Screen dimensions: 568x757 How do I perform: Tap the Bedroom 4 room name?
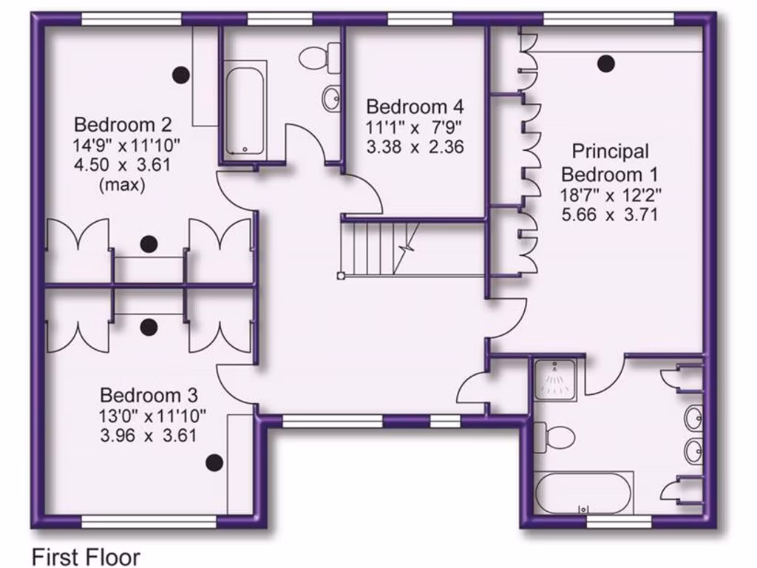[417, 106]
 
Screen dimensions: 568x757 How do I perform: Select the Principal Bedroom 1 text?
[609, 163]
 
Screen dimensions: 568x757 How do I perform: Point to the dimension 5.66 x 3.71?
[609, 215]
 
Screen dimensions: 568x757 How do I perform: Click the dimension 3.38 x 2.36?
[415, 146]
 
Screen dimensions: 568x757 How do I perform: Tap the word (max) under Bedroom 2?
[122, 184]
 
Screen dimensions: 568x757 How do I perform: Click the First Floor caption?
[86, 555]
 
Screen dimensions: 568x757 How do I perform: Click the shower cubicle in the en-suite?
[556, 379]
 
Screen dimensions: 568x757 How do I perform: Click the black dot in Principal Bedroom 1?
[606, 64]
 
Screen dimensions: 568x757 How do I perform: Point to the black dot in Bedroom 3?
[214, 463]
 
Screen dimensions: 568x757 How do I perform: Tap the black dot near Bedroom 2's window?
[180, 74]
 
